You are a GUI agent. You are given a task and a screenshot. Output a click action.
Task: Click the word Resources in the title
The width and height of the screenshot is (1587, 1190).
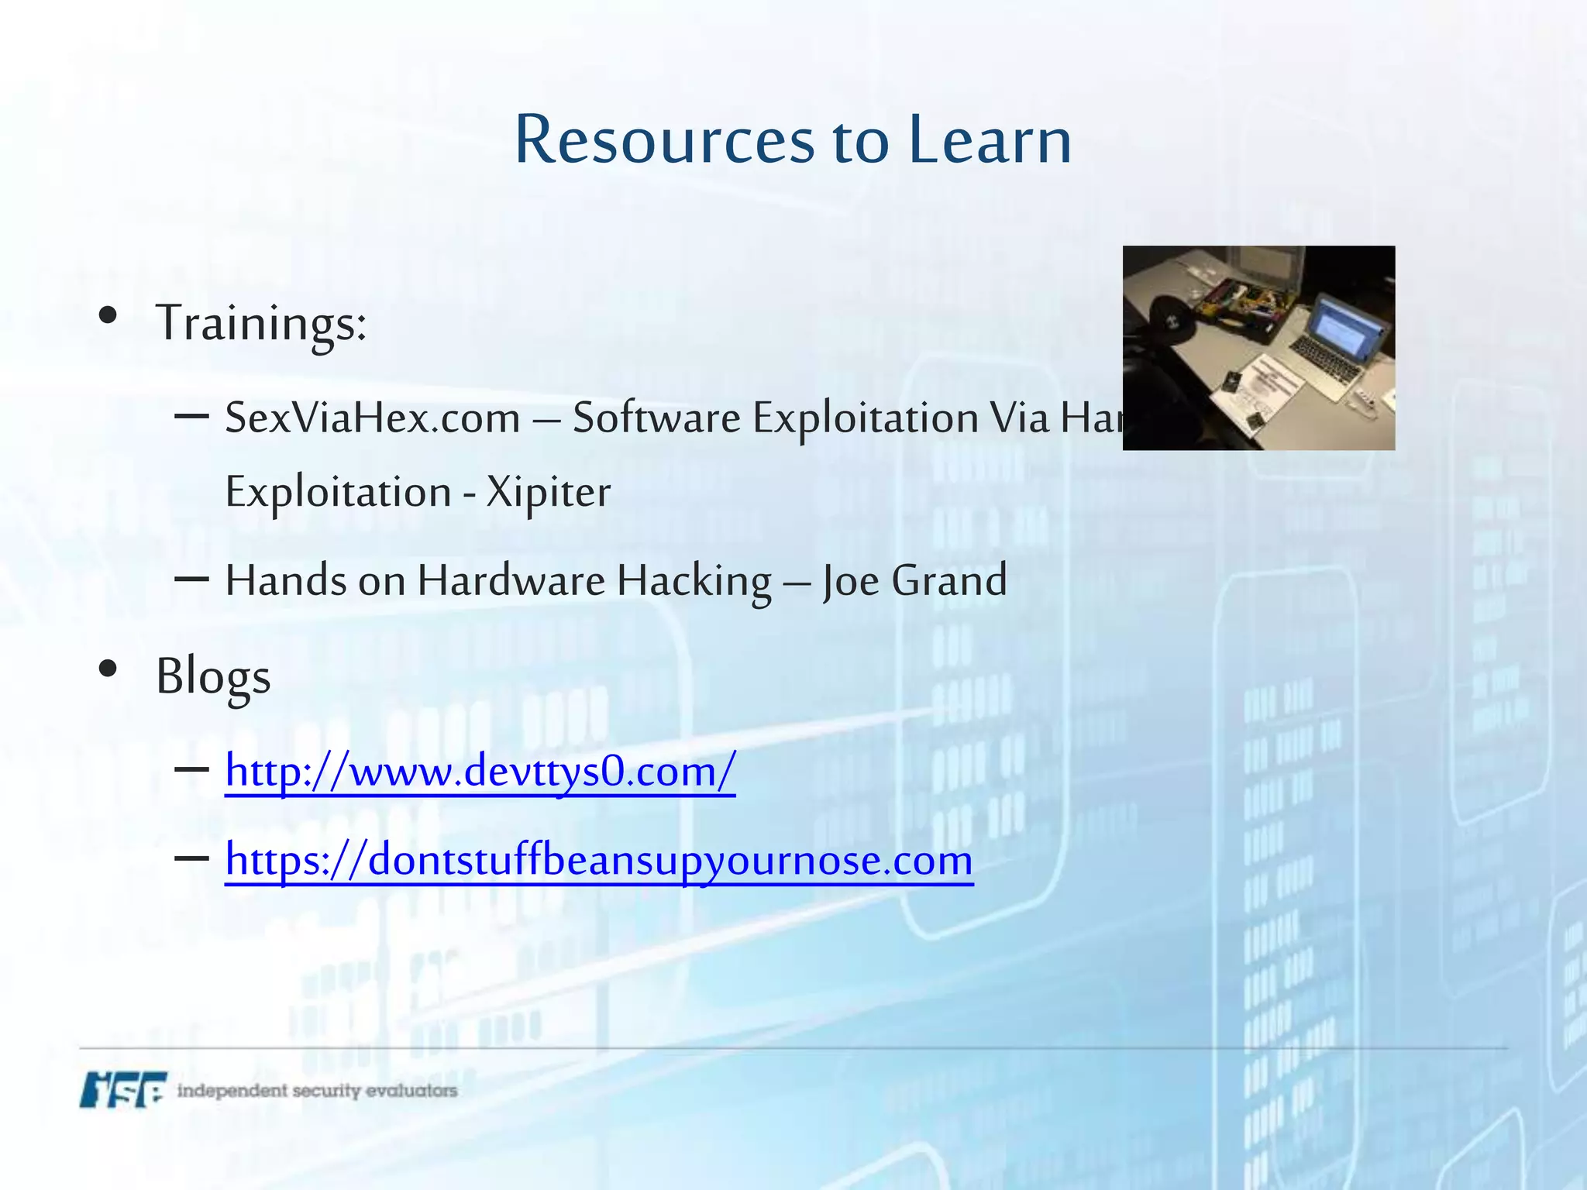tap(664, 140)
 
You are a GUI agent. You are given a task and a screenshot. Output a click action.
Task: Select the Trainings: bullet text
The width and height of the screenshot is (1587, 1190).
tap(261, 322)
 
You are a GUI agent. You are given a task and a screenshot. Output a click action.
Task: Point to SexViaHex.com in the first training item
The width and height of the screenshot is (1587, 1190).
tap(373, 418)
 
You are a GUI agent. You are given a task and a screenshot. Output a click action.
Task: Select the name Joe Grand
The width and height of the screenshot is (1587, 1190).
tap(914, 580)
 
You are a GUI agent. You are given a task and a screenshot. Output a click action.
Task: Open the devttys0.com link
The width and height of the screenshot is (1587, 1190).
tap(480, 772)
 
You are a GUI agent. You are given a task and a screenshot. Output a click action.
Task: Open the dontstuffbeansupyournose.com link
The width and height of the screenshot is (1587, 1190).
tap(599, 860)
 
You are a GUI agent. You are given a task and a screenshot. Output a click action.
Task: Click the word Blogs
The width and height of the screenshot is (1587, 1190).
tap(213, 676)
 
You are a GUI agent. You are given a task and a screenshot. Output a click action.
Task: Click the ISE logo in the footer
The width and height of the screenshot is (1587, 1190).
tap(122, 1089)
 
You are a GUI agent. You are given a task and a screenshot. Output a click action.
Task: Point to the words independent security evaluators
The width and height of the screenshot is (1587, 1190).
tap(317, 1091)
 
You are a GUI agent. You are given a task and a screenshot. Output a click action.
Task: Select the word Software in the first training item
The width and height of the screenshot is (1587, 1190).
tap(656, 418)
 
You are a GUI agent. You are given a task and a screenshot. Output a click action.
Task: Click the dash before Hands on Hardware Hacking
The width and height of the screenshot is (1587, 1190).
tap(191, 579)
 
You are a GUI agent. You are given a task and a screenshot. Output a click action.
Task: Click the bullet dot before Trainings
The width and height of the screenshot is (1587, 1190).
tap(108, 315)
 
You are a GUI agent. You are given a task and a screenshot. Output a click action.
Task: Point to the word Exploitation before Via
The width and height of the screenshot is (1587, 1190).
tap(866, 418)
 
